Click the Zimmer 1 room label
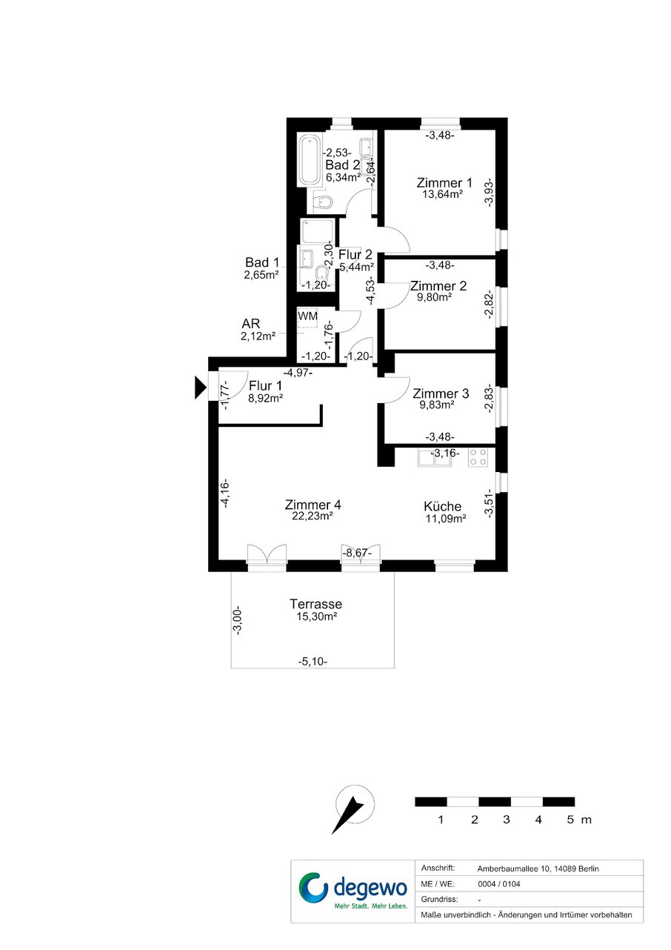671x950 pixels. [444, 183]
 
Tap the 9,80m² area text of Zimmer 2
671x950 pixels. [434, 297]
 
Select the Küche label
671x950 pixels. [442, 506]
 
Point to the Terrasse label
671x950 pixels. [316, 603]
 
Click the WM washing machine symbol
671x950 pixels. [308, 317]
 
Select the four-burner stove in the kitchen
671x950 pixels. [478, 457]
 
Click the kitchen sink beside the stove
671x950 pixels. [435, 458]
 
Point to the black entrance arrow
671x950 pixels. [200, 388]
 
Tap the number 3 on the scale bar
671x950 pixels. [506, 820]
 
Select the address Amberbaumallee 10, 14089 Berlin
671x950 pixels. [538, 868]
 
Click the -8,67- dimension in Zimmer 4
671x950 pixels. [356, 553]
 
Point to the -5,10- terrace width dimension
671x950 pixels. [313, 661]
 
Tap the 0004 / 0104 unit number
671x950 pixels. [499, 884]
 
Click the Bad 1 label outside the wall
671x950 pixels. [262, 262]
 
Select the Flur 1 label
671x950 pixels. [265, 385]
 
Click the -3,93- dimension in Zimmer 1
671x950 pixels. [489, 192]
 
